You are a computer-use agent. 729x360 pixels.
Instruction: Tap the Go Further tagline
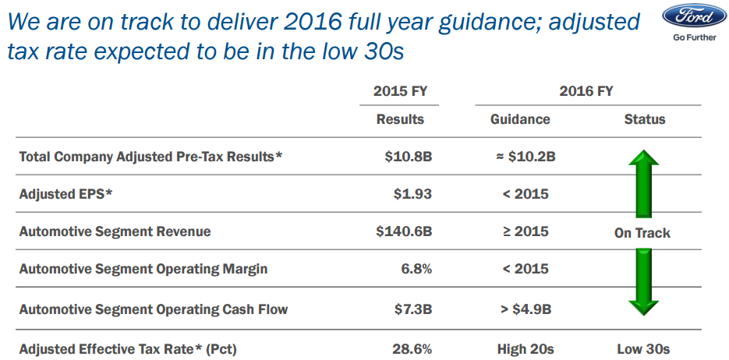tap(693, 37)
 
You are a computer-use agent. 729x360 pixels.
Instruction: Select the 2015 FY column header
tap(400, 91)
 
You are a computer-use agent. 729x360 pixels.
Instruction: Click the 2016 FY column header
tap(586, 91)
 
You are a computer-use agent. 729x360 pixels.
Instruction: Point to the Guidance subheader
tap(520, 119)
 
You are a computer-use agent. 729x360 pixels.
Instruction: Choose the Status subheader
tap(645, 119)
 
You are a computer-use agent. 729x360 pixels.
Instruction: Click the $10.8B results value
tap(408, 157)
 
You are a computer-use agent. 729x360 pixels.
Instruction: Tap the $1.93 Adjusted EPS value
tap(412, 194)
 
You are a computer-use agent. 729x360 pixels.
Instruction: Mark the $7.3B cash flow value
tap(413, 309)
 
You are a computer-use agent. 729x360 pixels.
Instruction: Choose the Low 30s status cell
tap(643, 349)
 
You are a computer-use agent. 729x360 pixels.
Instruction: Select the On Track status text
tap(642, 233)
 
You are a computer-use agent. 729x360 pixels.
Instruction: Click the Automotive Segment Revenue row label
tap(115, 231)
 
